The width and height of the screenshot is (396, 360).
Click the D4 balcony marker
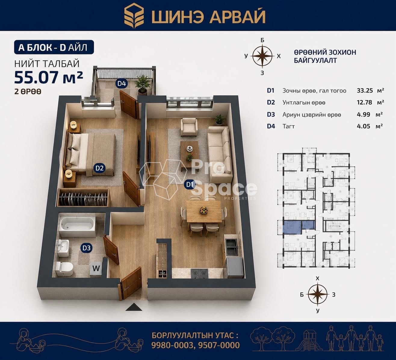click(x=122, y=83)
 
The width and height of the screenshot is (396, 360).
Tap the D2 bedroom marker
click(x=100, y=168)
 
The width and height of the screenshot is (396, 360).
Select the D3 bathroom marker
click(x=86, y=248)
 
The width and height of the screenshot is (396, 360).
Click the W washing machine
click(x=96, y=269)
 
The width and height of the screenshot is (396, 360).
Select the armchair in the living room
click(x=189, y=127)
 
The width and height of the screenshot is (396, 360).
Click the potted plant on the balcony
click(x=142, y=85)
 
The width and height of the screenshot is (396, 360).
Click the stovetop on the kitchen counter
click(x=200, y=274)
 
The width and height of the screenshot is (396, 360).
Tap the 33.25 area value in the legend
click(x=365, y=91)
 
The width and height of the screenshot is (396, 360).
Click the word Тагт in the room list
click(x=289, y=126)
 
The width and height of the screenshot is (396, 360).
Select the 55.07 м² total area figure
click(x=48, y=77)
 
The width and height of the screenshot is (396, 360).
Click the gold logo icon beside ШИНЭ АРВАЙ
click(x=134, y=16)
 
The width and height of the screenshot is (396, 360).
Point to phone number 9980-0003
click(x=172, y=345)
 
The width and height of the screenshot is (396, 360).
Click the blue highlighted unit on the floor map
click(x=299, y=228)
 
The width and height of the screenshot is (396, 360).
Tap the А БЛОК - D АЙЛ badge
click(x=54, y=47)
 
